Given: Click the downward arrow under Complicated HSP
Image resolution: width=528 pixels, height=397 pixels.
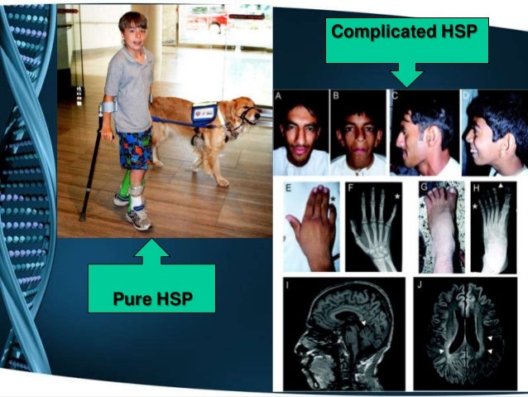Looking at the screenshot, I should [406, 75].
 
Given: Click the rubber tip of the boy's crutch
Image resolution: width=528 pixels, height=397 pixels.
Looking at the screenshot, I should [82, 217].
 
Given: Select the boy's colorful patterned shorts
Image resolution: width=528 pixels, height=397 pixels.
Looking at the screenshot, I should [132, 148].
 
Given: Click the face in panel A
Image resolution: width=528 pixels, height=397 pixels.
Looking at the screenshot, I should [300, 133].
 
